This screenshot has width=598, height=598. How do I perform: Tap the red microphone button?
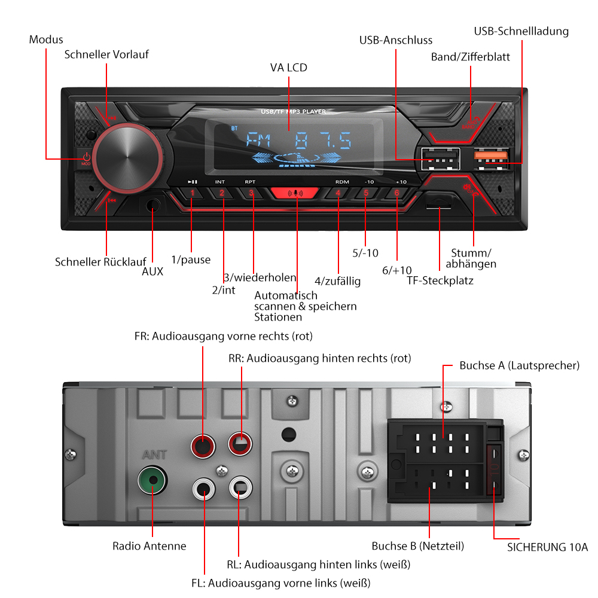pos(295,194)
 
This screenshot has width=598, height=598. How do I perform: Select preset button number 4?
pos(338,193)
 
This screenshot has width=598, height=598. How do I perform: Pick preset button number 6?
pos(396,193)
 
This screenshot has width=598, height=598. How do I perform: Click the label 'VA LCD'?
pos(288,68)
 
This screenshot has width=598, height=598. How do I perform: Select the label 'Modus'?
pos(46,40)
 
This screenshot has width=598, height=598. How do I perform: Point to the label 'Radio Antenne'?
pos(149,546)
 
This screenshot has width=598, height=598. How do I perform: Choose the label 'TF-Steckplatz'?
pos(440,280)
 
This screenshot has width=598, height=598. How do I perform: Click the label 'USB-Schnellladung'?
pos(521,31)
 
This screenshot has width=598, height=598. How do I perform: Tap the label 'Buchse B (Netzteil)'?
pos(417,546)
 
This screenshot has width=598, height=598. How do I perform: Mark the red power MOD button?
pos(86,159)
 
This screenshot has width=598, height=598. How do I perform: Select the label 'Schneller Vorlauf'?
pos(106,54)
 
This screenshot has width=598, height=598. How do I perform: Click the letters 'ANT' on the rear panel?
pos(152,455)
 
